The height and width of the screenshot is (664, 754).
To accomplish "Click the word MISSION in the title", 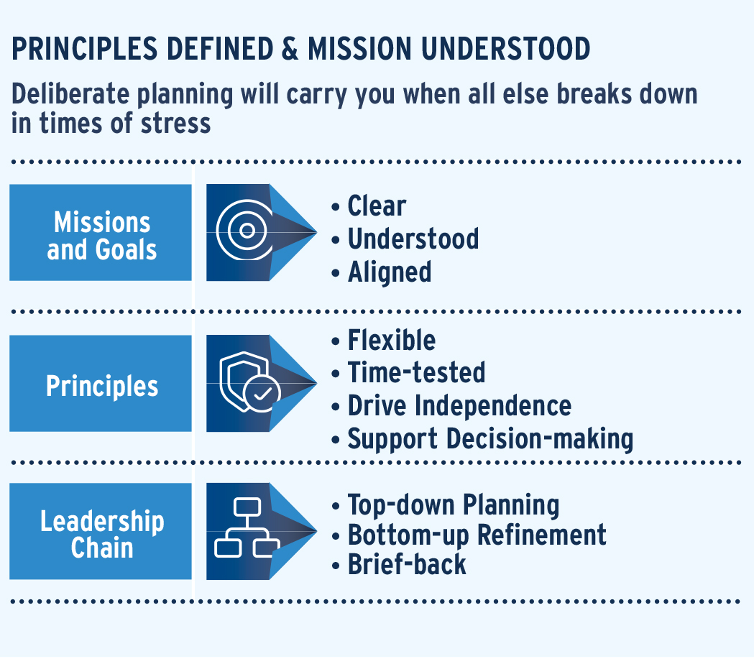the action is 359,49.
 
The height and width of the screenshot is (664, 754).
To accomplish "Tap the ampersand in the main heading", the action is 290,49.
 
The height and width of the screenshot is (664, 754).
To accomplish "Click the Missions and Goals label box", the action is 101,232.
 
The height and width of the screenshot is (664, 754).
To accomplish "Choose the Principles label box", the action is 101,383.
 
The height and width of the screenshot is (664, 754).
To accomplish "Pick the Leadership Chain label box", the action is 101,531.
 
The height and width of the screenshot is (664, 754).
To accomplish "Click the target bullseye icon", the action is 245,230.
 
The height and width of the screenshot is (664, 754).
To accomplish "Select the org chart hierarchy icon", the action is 247,528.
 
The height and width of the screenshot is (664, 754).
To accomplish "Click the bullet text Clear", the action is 377,206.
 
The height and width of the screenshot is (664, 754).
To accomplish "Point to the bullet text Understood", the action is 413,239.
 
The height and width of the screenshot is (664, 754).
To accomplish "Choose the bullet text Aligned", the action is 390,272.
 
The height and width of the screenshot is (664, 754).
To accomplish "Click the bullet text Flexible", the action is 392,341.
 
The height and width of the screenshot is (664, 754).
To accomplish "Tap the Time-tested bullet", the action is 416,373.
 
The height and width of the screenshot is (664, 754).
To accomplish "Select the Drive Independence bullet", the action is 460,405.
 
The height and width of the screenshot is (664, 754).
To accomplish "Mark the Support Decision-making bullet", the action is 490,439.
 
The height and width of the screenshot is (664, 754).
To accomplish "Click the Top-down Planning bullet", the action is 454,505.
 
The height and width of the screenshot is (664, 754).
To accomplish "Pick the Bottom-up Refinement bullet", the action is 477,535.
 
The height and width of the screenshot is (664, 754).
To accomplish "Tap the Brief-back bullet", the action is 407,564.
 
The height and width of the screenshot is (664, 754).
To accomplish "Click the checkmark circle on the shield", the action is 262,394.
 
